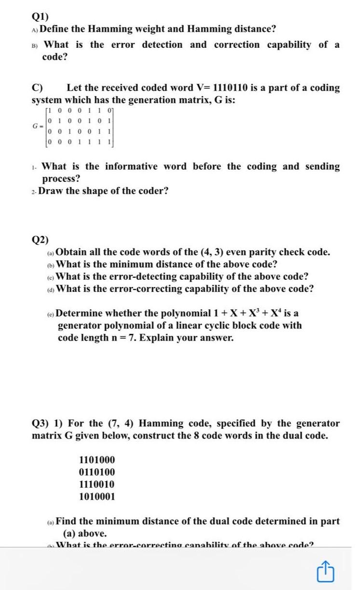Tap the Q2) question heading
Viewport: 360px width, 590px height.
[40, 240]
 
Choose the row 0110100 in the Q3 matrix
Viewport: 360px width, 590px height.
[97, 472]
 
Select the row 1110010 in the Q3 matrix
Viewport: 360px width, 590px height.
[97, 484]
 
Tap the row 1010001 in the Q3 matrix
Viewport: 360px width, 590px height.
[97, 496]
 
